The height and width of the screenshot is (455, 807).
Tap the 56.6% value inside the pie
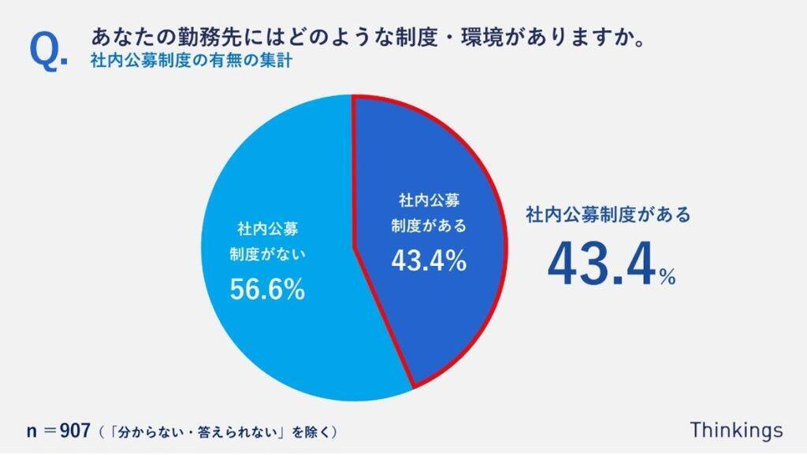(x=267, y=290)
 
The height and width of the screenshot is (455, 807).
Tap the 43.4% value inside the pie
(x=429, y=261)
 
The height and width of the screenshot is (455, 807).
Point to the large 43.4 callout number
(x=601, y=264)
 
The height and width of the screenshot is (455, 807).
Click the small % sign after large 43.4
(x=668, y=277)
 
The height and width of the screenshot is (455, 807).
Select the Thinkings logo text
(x=736, y=430)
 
